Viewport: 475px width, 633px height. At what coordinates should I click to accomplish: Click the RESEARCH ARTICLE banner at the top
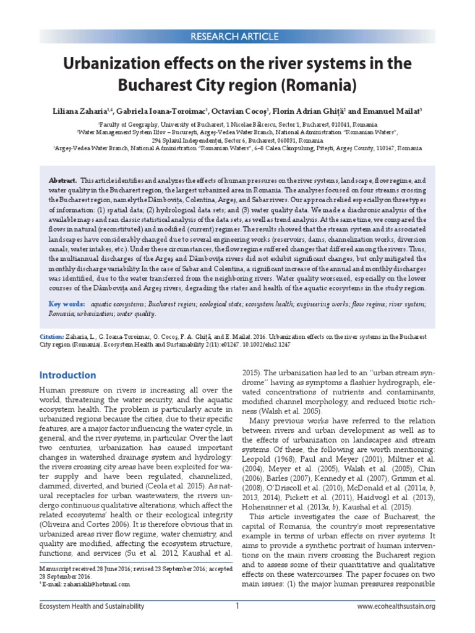[237, 35]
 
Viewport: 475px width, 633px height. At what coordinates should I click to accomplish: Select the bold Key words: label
[67, 304]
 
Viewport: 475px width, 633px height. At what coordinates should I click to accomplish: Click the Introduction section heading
[68, 375]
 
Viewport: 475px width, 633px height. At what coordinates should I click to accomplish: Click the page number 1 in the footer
[237, 606]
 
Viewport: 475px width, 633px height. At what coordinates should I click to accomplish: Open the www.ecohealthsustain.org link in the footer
[396, 607]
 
